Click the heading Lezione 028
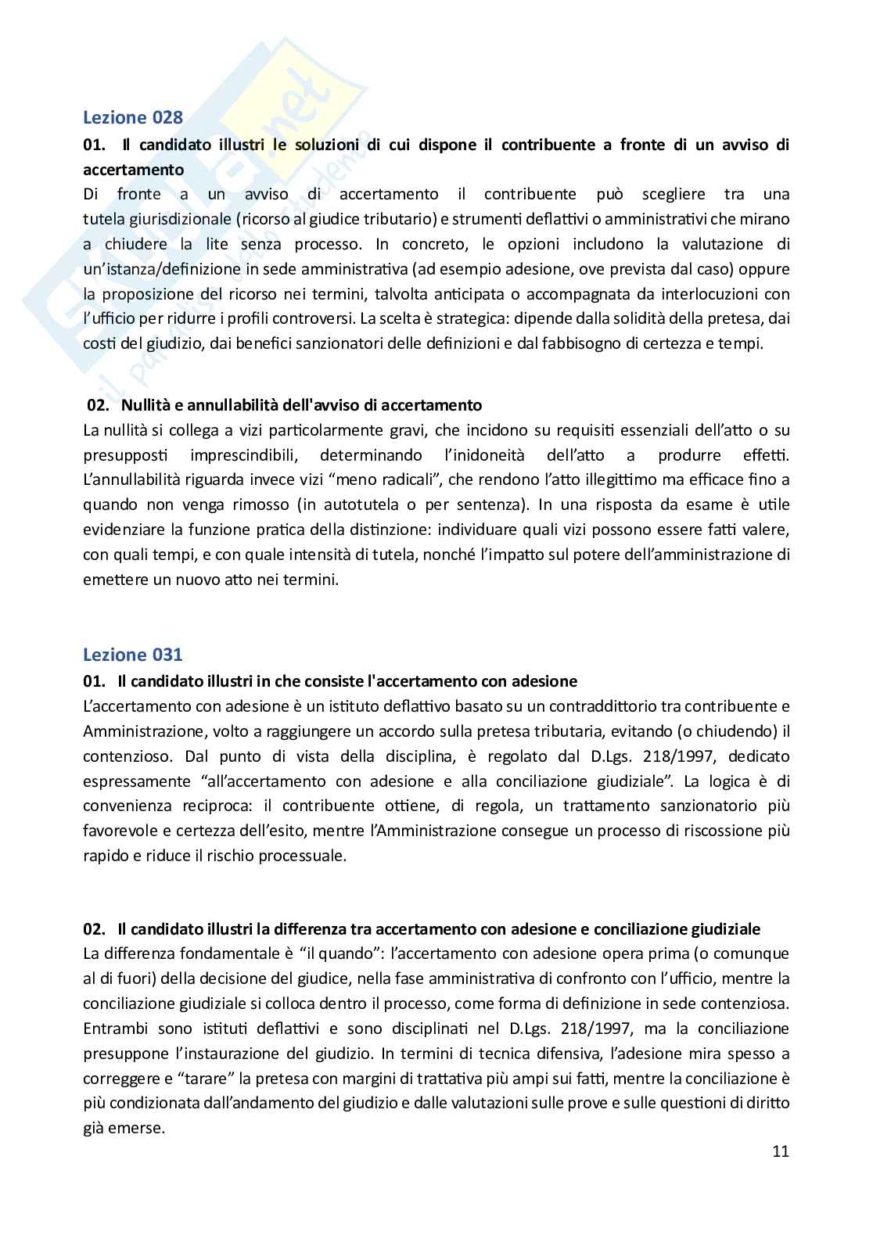point(133,118)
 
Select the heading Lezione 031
point(133,655)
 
